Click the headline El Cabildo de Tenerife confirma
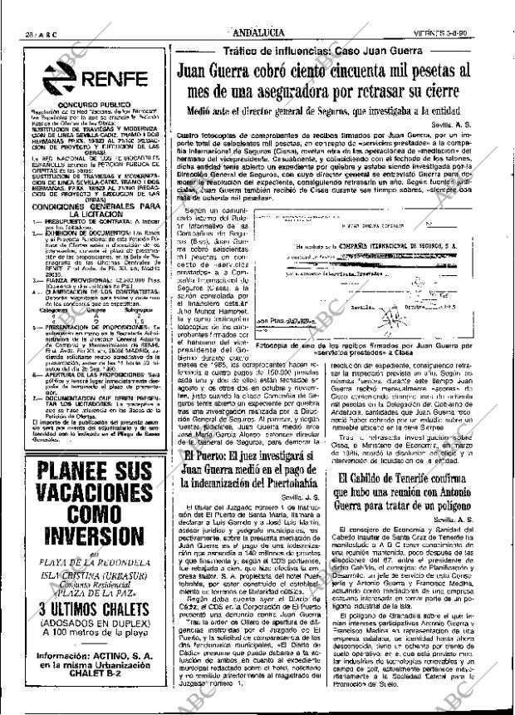pyautogui.click(x=428, y=491)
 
